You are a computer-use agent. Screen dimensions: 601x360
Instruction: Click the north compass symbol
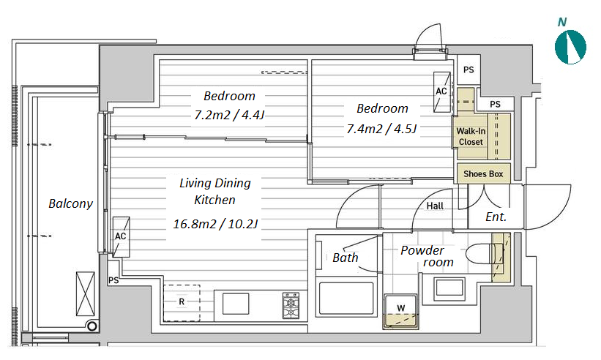click(570, 47)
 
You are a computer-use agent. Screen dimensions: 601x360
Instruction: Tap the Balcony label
click(70, 203)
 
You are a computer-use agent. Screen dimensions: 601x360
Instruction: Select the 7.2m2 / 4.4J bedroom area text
click(229, 114)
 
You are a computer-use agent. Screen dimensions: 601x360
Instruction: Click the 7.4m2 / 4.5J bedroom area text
click(381, 129)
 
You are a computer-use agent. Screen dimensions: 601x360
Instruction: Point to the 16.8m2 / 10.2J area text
click(215, 224)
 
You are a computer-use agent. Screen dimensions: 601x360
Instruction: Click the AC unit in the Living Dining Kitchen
click(121, 236)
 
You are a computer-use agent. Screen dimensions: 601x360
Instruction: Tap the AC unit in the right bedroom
click(441, 92)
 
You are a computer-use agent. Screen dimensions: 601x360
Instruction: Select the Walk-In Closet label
click(471, 136)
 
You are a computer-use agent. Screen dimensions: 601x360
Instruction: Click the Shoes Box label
click(483, 174)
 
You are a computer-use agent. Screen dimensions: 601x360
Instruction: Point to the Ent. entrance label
click(496, 217)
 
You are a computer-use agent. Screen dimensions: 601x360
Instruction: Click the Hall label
click(435, 206)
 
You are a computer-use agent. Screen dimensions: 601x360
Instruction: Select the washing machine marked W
click(401, 312)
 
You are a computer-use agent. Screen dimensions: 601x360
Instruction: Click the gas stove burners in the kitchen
click(291, 305)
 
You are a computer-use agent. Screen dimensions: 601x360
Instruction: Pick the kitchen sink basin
click(236, 304)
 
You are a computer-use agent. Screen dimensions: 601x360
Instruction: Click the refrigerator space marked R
click(182, 302)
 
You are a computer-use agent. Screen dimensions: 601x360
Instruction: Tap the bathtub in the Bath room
click(346, 299)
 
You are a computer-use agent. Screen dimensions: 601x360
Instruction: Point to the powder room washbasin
click(449, 288)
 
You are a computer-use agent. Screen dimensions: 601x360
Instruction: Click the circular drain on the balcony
click(92, 326)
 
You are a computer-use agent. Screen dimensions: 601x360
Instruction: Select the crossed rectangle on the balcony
click(86, 293)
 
